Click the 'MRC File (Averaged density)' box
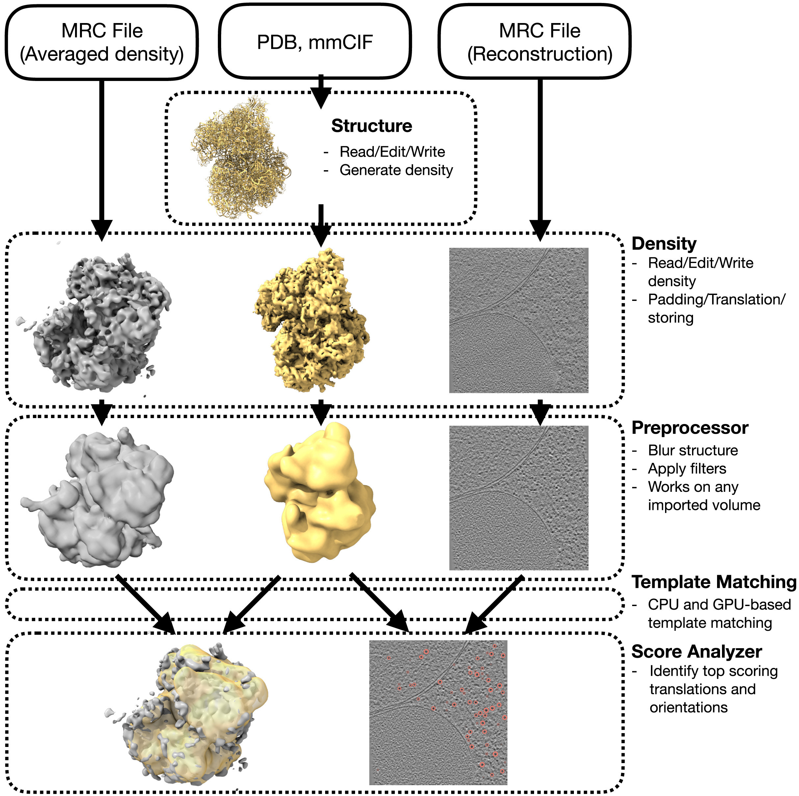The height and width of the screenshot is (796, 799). tap(102, 42)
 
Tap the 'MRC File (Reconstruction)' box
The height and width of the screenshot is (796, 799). tap(534, 41)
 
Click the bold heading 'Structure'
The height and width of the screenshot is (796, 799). tap(372, 126)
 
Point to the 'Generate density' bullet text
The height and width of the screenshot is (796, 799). tap(396, 170)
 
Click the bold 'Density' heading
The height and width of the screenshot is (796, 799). tap(664, 244)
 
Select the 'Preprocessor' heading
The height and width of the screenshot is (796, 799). tap(690, 428)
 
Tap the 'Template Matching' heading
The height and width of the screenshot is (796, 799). tap(714, 582)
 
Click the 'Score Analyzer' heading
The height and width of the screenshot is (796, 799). tap(696, 651)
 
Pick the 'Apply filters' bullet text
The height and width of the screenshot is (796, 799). tap(687, 468)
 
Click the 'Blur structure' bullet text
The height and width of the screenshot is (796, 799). tap(693, 450)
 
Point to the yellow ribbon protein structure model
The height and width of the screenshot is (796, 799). tap(241, 157)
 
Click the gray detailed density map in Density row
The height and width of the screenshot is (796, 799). tap(94, 321)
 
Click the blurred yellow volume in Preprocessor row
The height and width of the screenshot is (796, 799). tap(320, 492)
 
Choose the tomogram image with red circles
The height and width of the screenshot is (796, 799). tap(438, 712)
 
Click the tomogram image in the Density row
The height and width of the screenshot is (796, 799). tap(519, 320)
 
